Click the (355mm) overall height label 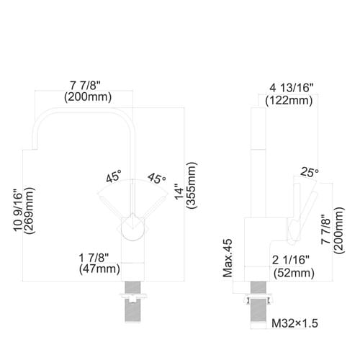192,185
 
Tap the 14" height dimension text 179,192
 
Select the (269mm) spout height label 30,210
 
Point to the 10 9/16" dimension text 18,210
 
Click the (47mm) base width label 99,269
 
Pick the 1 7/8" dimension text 94,258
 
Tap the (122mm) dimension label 289,101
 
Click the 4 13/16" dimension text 292,88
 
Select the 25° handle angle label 310,172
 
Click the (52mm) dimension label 294,273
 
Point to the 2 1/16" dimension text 291,260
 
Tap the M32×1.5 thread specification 294,323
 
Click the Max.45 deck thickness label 228,258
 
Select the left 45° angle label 114,176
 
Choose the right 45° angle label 157,179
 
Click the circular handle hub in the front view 132,228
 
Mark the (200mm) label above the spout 88,97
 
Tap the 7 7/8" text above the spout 85,85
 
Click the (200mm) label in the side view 339,230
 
